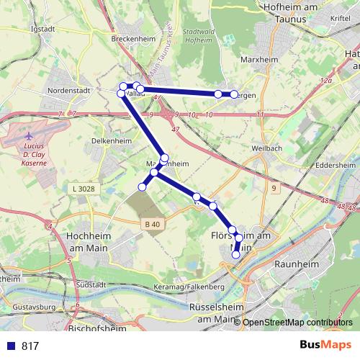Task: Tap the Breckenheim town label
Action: (x=131, y=39)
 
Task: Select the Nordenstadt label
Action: (x=67, y=91)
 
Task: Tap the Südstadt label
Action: (x=90, y=284)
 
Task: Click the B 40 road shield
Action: (x=151, y=224)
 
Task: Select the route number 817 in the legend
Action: (x=30, y=346)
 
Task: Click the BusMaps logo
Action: (x=321, y=345)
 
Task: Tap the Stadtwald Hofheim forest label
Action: (x=199, y=37)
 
